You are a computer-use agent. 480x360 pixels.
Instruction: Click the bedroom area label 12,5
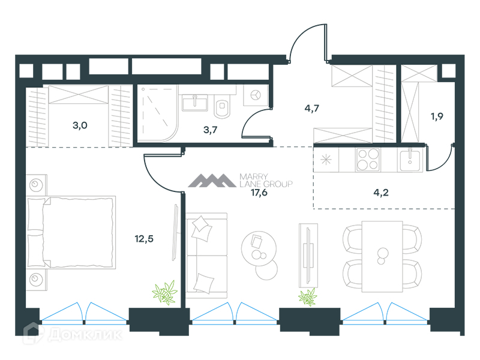point(144,239)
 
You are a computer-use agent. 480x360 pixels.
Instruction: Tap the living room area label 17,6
point(259,193)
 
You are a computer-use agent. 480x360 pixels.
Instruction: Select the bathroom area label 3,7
point(211,130)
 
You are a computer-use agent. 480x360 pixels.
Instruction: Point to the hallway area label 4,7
point(311,109)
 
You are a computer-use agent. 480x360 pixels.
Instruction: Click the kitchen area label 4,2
point(381,193)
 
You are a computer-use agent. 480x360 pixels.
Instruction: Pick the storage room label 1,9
point(437,116)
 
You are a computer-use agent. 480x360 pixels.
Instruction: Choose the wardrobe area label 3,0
point(80,125)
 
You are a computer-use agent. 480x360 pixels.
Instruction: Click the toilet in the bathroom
point(222,106)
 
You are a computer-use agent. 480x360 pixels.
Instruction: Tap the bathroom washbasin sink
point(195,102)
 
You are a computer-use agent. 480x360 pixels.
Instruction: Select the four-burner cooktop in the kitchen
point(368,159)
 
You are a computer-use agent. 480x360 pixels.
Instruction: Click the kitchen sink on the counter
point(410,159)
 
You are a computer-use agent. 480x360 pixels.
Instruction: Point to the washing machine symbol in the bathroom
point(256,95)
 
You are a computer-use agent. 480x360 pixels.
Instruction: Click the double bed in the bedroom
point(71,232)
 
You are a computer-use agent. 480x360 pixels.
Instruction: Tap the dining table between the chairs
point(382,257)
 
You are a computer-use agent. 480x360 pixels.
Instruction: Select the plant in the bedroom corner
point(164,293)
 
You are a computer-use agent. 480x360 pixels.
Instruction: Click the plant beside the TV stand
point(308,297)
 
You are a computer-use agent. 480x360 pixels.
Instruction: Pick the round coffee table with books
point(259,248)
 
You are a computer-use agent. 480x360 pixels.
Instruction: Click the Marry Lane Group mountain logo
point(212,181)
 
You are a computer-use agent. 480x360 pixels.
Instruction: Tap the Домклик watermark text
point(85,335)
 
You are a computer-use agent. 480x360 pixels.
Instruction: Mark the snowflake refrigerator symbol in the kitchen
point(326,160)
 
